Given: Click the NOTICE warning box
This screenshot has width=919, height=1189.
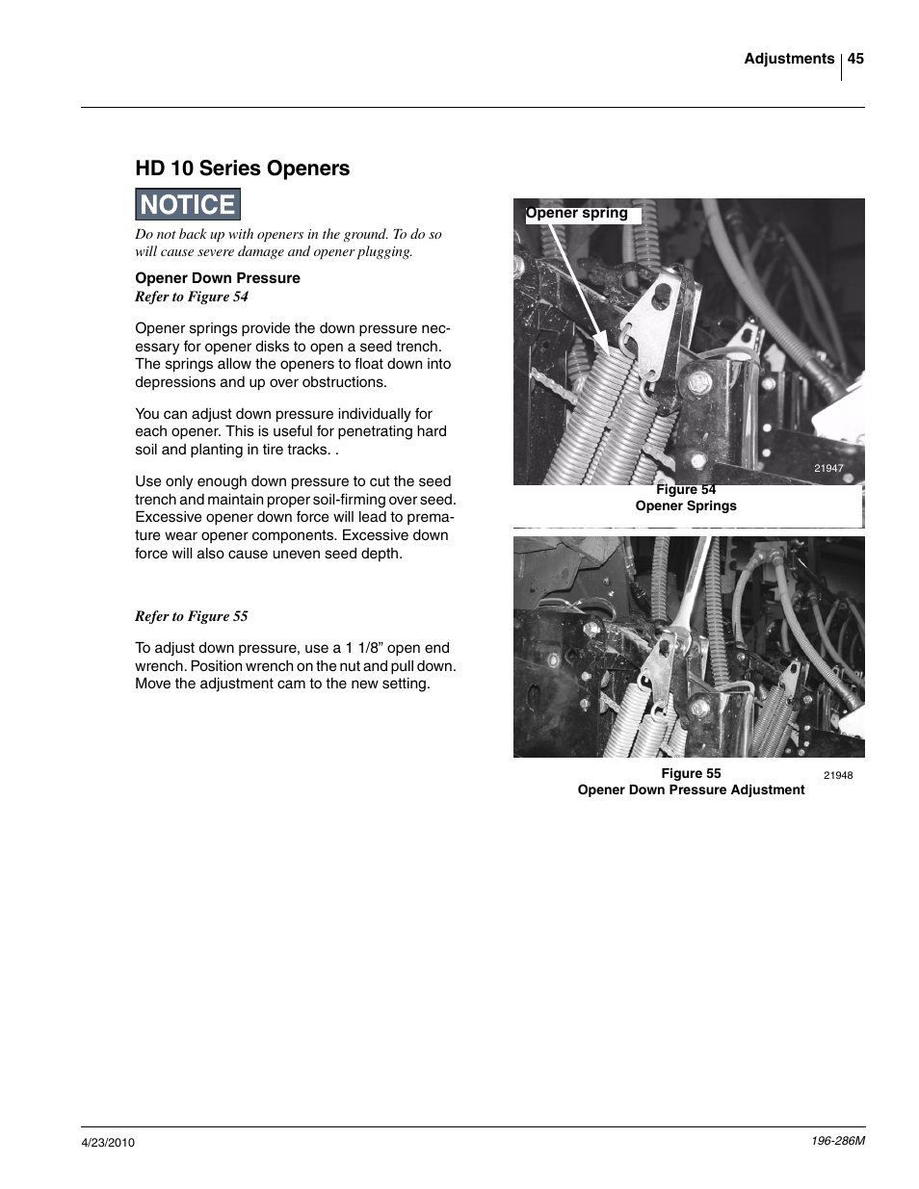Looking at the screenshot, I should [188, 205].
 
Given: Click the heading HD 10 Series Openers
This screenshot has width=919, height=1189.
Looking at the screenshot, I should [242, 168].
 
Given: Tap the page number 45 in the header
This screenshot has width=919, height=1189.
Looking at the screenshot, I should [855, 59].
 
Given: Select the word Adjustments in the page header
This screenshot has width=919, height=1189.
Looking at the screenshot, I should [788, 59].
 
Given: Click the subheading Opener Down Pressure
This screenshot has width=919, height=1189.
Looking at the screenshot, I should [218, 278].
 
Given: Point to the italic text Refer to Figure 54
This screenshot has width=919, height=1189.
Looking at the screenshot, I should [192, 297].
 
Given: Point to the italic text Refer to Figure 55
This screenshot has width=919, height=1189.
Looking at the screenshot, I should [192, 616].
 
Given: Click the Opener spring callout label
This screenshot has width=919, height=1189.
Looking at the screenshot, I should [577, 214].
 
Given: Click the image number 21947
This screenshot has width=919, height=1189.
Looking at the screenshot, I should [828, 469].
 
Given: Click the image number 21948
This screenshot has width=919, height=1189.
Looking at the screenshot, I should [837, 775].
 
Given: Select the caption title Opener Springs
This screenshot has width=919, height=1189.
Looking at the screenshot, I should [686, 506].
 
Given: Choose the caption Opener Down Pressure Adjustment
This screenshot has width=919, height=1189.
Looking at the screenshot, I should [691, 790].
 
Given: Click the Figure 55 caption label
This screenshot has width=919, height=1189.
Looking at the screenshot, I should [691, 774].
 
